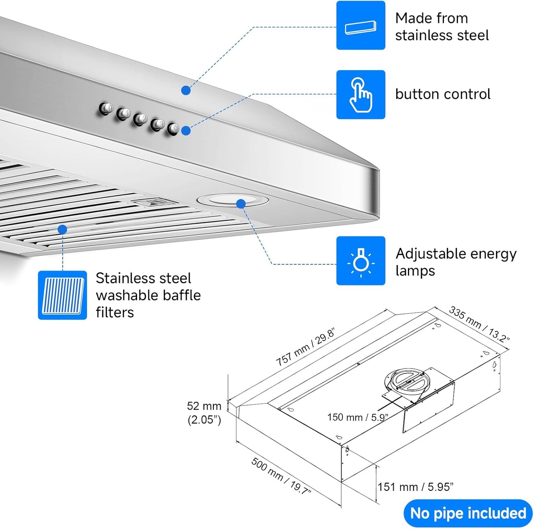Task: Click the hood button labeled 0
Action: click(x=107, y=109)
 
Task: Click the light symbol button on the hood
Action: click(x=174, y=129)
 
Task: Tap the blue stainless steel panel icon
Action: click(x=360, y=26)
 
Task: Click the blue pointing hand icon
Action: click(x=360, y=95)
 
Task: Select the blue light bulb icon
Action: click(x=360, y=261)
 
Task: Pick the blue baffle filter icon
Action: click(x=62, y=295)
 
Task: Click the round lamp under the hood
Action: click(x=233, y=200)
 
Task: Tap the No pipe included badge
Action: click(x=468, y=513)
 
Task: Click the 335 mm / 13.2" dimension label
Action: click(x=479, y=324)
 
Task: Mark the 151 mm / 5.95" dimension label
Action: click(x=415, y=487)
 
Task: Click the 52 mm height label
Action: click(x=204, y=406)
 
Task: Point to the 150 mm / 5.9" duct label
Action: click(x=357, y=417)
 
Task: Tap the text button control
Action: click(x=442, y=94)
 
